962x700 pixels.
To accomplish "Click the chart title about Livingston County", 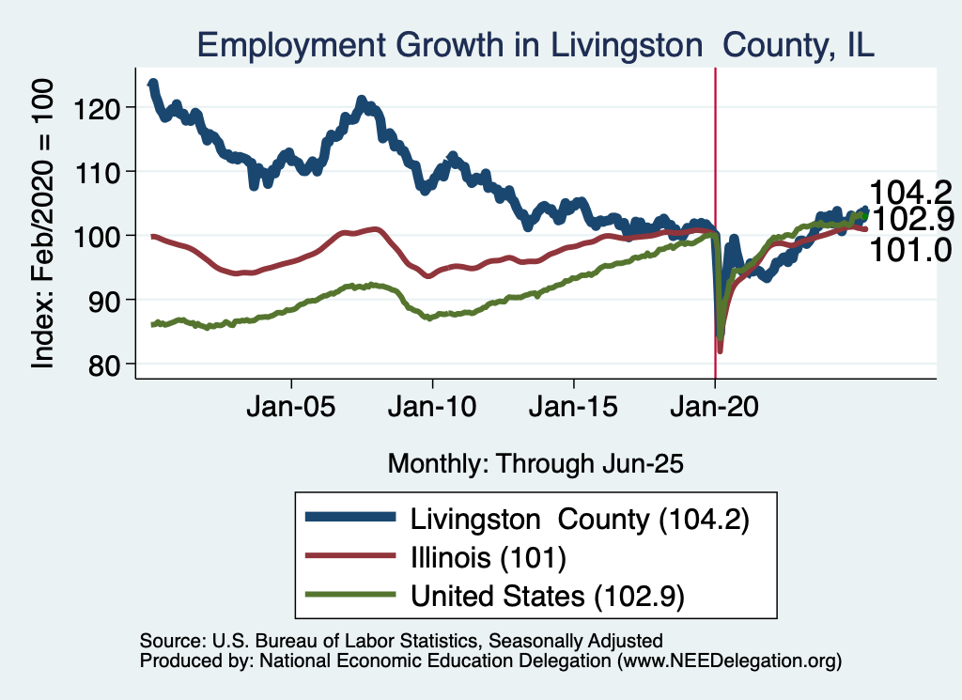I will (x=535, y=45).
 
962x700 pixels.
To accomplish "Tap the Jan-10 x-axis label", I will (x=432, y=410).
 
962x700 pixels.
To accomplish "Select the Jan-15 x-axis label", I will (x=573, y=410).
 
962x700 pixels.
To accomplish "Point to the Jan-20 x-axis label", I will (x=715, y=410).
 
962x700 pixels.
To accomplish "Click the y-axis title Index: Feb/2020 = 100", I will (x=45, y=223).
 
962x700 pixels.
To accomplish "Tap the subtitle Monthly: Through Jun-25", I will (x=535, y=463).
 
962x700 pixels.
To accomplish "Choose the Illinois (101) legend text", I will (x=487, y=558).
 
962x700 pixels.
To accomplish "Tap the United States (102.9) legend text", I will (x=546, y=596).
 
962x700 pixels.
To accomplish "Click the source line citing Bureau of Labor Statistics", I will (x=401, y=641).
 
